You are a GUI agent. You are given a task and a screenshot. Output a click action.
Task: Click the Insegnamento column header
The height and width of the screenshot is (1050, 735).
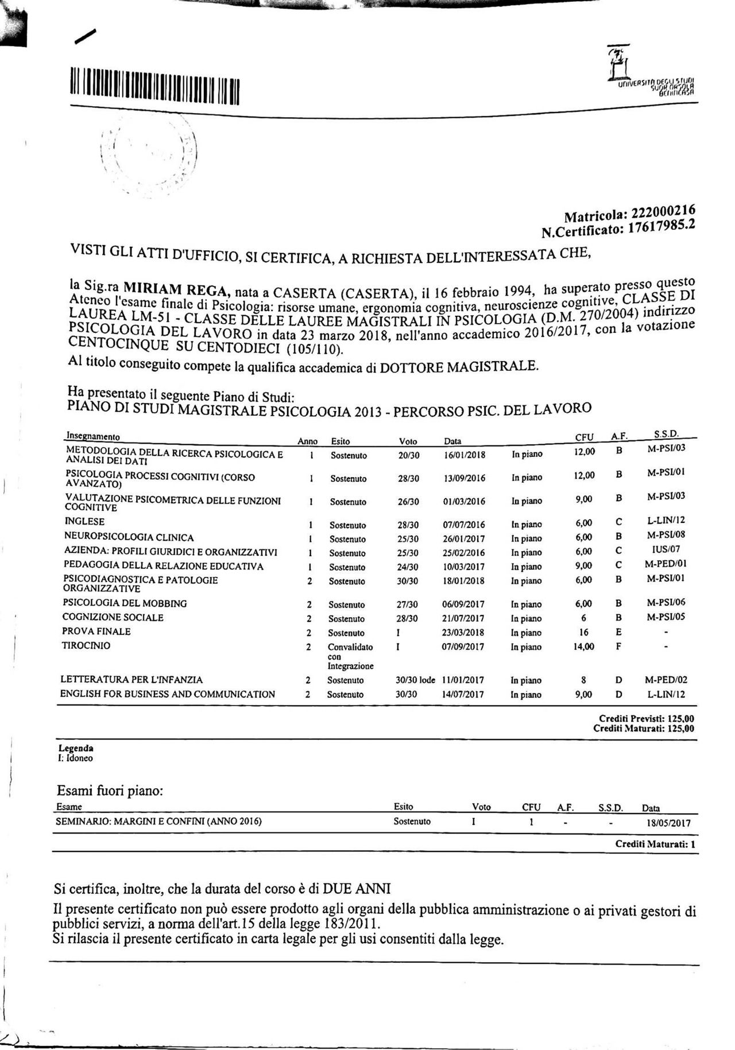pos(93,436)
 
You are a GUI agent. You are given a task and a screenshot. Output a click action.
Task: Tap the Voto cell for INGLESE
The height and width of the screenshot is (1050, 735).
pos(408,525)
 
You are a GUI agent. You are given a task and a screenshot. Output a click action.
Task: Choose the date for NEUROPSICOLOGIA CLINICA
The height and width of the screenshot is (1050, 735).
pos(464,538)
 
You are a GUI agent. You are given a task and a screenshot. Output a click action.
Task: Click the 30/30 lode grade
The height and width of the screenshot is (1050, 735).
pos(415,680)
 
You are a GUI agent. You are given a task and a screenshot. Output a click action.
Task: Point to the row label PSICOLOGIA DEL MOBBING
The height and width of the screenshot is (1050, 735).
pos(125,603)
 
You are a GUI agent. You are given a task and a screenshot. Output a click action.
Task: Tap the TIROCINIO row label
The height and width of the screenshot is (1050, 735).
pos(86,646)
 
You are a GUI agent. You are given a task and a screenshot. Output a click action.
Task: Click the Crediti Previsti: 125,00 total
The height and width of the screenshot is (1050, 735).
pos(646,718)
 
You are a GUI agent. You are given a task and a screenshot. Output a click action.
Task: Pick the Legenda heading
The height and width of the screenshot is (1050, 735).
pos(76,749)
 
